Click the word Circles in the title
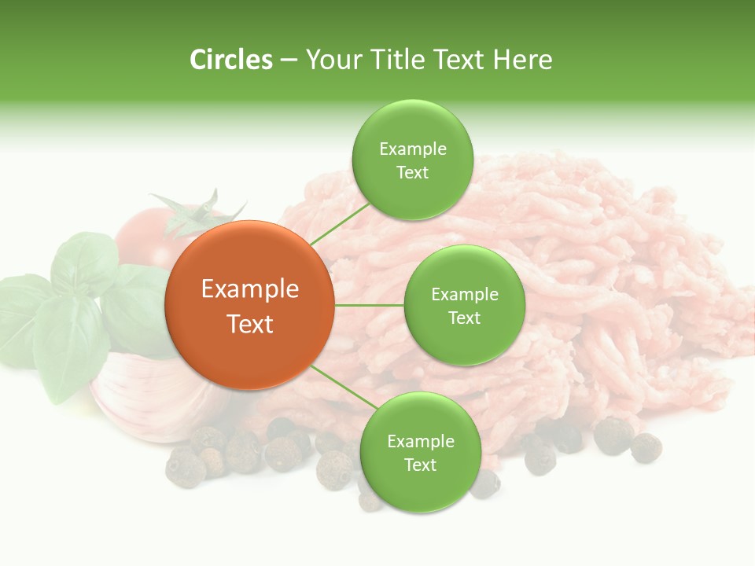coord(231,60)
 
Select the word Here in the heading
coord(522,60)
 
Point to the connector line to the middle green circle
coord(370,305)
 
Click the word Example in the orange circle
coord(250,289)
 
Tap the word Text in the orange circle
coord(250,324)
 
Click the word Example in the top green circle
coord(413,149)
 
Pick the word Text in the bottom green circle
coord(420,465)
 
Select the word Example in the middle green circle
coord(465,295)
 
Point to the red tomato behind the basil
coord(142,236)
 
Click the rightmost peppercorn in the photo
coord(646,447)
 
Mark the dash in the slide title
coord(289,61)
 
